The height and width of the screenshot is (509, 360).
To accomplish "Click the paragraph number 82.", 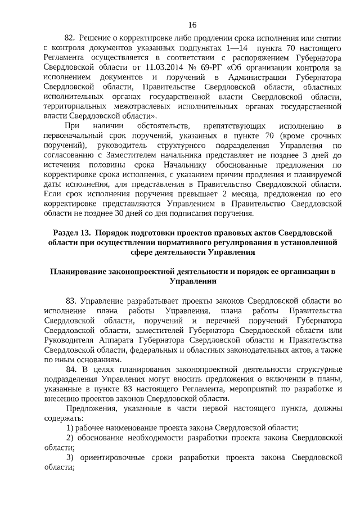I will pos(70,37).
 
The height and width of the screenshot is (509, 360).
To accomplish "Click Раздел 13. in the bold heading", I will pos(73,233).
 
